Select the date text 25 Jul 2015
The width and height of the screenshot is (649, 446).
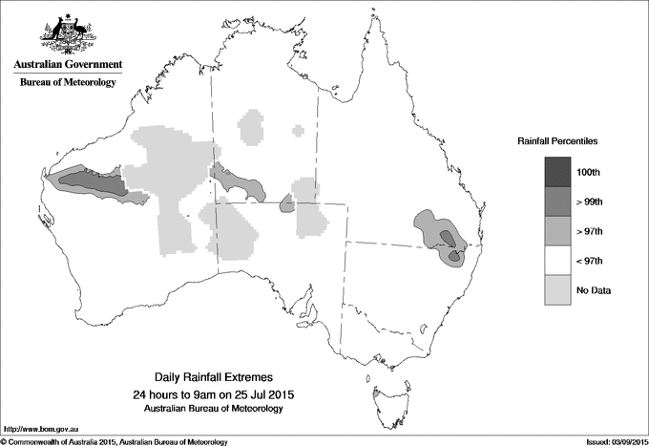coord(264,394)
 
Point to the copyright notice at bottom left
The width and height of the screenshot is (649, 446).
coord(115,440)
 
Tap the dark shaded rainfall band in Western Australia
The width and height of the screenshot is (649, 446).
coord(92,181)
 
